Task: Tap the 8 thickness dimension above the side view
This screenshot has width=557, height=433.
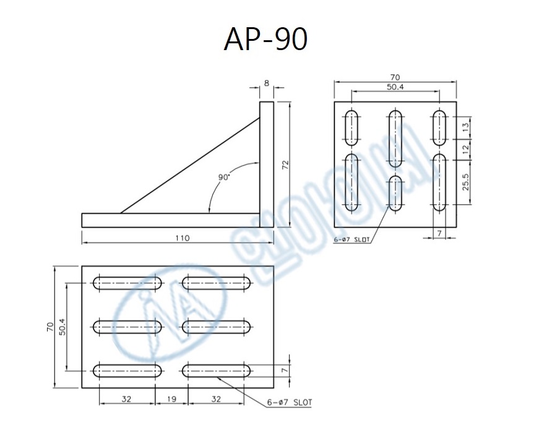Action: (x=267, y=82)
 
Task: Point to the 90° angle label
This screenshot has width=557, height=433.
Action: (x=224, y=177)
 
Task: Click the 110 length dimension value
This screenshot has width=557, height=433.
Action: (x=182, y=238)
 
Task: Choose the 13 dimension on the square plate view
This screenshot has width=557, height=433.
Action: (x=466, y=128)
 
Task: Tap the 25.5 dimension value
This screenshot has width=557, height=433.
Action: (x=466, y=182)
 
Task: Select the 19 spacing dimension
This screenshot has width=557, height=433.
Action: (x=172, y=400)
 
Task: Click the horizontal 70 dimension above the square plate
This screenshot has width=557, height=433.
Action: (x=395, y=78)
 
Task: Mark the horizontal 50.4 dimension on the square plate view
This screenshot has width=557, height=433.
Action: (x=395, y=88)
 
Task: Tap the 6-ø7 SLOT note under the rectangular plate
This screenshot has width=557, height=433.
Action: (x=290, y=403)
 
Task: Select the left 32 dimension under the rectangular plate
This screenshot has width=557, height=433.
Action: (x=127, y=400)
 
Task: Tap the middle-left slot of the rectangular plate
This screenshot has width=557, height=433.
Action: (x=127, y=327)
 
